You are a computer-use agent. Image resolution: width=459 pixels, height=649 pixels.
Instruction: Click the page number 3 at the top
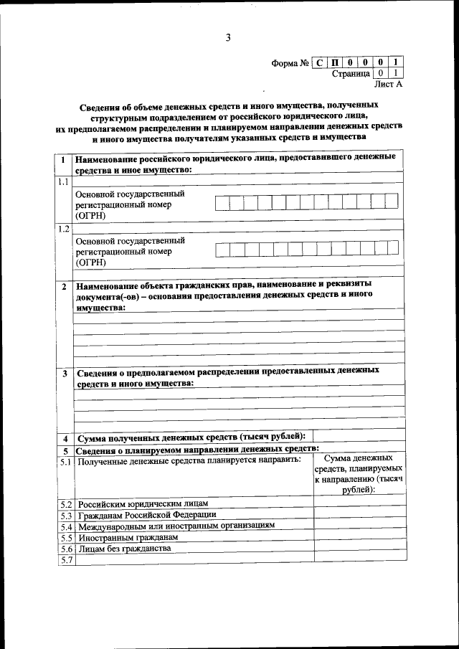[x=227, y=39]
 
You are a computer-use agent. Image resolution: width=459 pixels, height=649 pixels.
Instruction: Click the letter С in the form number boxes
[x=320, y=62]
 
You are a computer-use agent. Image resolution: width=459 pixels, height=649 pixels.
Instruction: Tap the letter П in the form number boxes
[x=336, y=62]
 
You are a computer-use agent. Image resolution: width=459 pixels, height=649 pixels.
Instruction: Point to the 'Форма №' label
[x=290, y=63]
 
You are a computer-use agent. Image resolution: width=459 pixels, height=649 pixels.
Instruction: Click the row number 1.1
[x=64, y=181]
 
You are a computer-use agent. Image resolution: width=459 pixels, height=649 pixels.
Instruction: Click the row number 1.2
[x=64, y=229]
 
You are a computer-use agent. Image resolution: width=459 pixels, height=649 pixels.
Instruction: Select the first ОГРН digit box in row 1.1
[x=222, y=203]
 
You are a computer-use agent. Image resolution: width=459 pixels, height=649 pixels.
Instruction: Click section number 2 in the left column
[x=65, y=287]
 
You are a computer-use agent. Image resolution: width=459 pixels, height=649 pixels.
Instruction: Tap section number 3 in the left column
[x=65, y=374]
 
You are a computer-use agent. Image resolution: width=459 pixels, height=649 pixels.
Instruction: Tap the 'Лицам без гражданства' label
[x=124, y=549]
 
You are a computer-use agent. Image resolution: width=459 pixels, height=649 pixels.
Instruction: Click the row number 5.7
[x=66, y=560]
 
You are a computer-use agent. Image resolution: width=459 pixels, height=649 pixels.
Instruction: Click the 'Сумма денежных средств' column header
[x=359, y=473]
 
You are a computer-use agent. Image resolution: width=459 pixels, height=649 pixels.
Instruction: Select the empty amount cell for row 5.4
[x=359, y=526]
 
